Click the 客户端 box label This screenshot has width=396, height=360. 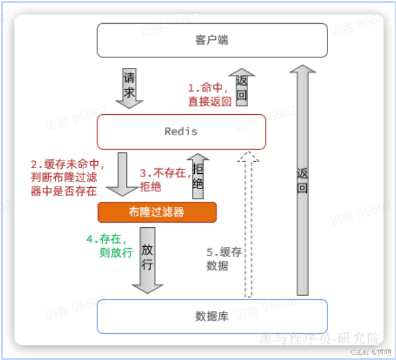(x=212, y=40)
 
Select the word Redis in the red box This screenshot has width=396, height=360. (x=181, y=132)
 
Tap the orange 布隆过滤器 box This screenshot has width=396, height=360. (x=157, y=212)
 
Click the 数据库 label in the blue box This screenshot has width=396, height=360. (x=212, y=317)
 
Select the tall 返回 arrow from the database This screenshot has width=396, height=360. (x=301, y=180)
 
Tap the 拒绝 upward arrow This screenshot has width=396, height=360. (x=198, y=177)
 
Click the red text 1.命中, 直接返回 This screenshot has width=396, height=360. (x=209, y=94)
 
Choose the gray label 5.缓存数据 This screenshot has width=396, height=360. (x=224, y=259)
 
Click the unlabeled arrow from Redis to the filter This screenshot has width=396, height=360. (x=126, y=174)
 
